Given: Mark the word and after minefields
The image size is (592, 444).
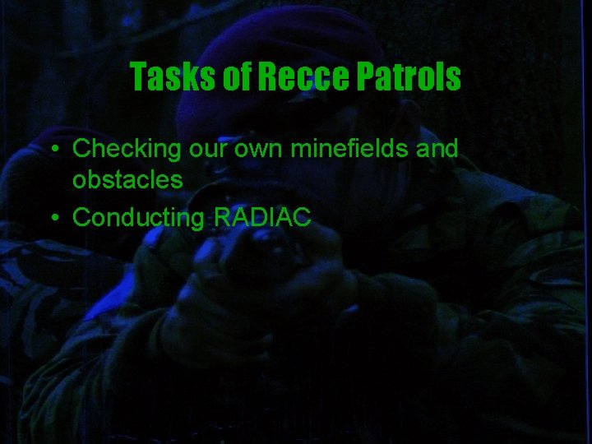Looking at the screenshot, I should tap(433, 149).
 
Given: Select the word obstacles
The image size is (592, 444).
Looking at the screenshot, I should tap(127, 178).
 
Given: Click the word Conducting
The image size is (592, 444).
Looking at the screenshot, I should tap(139, 218).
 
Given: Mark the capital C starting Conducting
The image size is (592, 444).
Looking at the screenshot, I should tap(81, 218).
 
